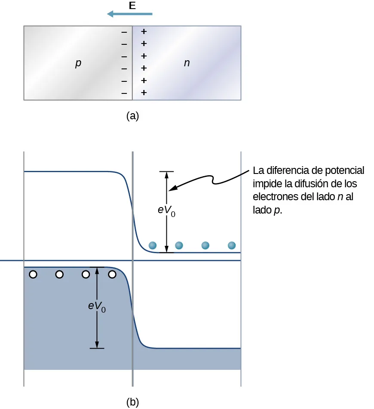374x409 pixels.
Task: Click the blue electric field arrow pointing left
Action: tap(129, 14)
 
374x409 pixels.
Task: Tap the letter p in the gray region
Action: tap(78, 64)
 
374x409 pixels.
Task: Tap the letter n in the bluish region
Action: tap(187, 63)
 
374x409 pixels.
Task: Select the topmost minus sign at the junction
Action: tap(124, 32)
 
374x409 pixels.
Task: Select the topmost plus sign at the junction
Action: tap(144, 31)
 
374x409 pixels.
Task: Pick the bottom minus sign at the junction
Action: tap(124, 93)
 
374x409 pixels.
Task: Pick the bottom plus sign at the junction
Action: tap(144, 92)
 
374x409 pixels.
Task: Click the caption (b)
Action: tap(132, 402)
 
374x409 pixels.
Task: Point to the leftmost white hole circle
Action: tap(33, 274)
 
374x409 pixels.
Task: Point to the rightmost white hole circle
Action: tap(112, 274)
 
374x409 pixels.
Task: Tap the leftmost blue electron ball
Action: tap(153, 245)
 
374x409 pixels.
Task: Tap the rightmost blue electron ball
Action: tap(232, 245)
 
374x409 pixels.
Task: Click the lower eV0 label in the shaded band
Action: tap(97, 307)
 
